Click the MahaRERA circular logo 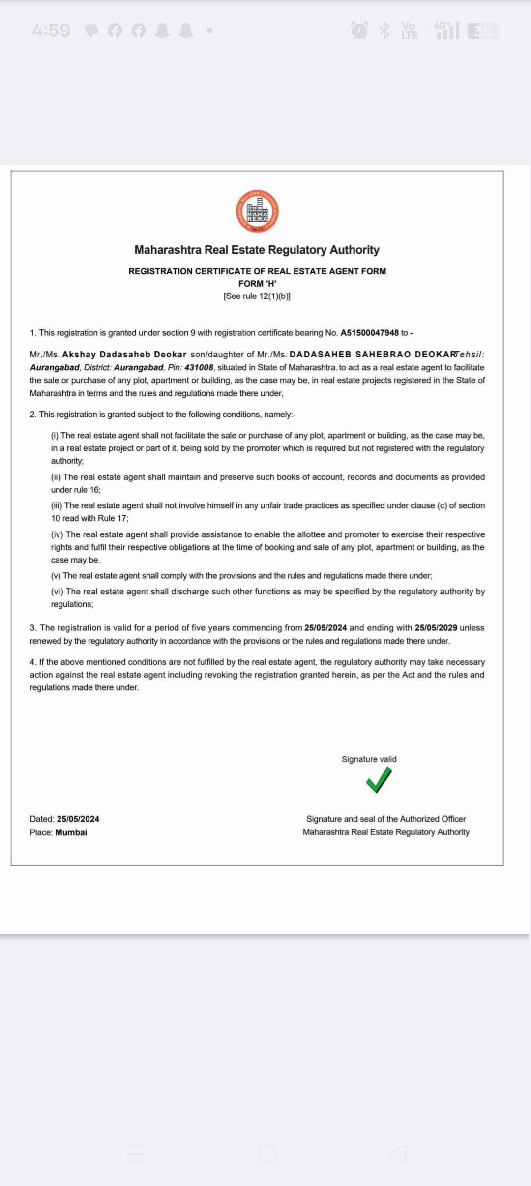pos(257,211)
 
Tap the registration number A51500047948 pos(369,333)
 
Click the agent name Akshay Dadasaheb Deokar pos(124,355)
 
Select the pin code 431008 pos(199,367)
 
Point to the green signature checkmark pos(379,780)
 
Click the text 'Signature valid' pos(369,759)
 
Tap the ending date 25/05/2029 pos(436,628)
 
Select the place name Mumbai pos(71,832)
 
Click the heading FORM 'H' pos(257,284)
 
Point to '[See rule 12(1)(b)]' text pos(257,296)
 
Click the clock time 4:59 pos(51,30)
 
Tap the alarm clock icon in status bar pos(359,31)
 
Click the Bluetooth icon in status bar pos(384,31)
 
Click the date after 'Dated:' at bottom pos(78,819)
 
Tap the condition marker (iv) pos(57,534)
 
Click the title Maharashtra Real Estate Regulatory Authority pos(257,250)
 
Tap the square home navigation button pos(267,1153)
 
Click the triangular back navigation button pos(398,1153)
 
